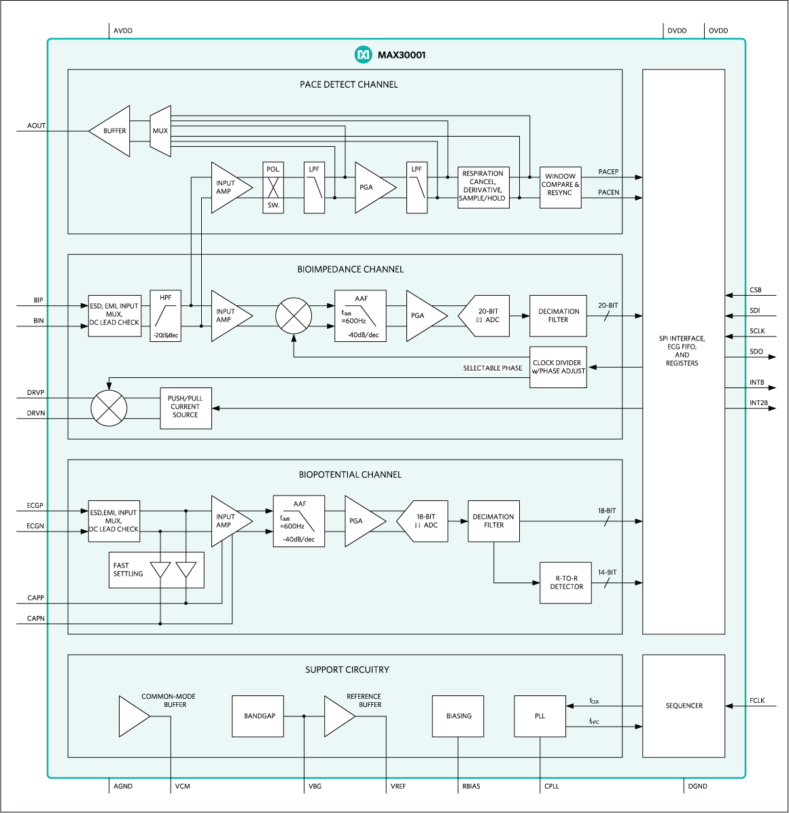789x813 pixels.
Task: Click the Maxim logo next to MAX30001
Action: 364,54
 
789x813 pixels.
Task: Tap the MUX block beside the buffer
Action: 160,131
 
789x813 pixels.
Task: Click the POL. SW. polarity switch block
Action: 273,188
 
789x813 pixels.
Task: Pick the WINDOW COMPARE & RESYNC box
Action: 560,185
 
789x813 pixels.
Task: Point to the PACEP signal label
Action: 608,172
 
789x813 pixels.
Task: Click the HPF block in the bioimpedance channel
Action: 166,316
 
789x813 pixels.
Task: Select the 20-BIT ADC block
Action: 486,316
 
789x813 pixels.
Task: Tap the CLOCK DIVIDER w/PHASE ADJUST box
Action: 558,367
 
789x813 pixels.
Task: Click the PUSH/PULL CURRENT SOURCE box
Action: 186,407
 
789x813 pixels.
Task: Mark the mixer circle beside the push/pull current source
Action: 109,408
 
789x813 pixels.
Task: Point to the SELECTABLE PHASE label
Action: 492,368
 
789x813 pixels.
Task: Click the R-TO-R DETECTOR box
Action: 565,583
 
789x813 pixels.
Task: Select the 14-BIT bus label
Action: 607,572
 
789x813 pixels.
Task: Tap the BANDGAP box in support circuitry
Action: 260,716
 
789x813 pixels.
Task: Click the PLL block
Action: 540,716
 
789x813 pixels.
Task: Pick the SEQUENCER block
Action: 684,706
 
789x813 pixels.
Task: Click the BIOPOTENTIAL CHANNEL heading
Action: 350,474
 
